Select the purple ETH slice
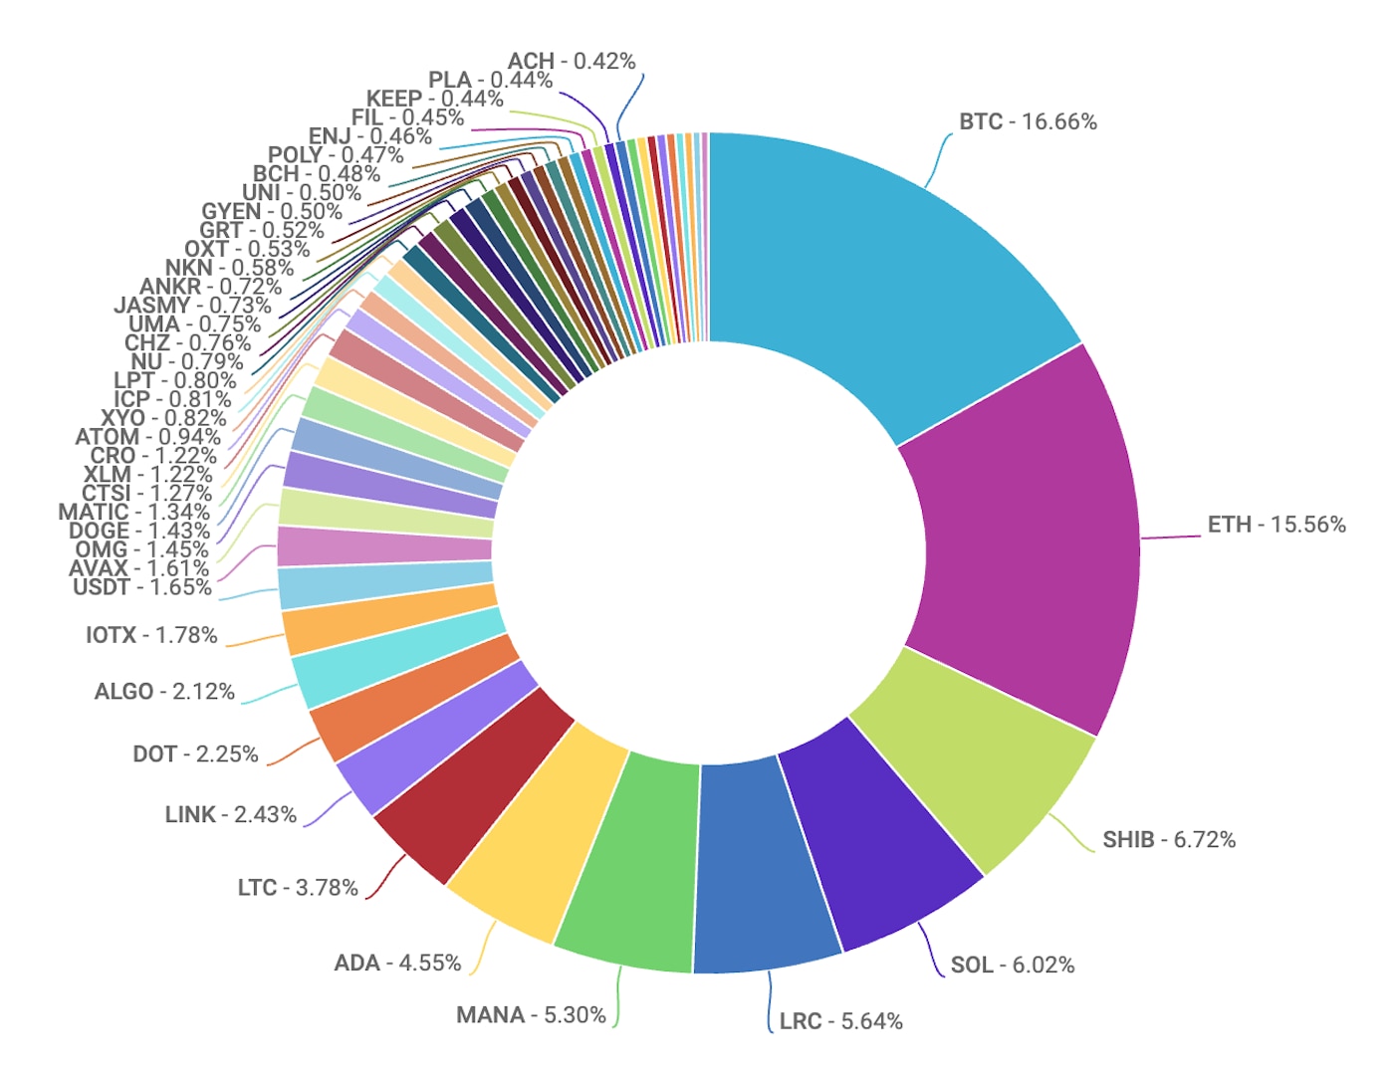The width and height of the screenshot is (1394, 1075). click(x=1026, y=537)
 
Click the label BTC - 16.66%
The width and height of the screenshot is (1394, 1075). click(x=1028, y=122)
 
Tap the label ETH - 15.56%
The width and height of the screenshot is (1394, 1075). click(x=1277, y=525)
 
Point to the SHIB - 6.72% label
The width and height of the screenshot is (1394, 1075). click(x=1169, y=840)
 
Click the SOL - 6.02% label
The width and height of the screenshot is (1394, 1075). click(x=1013, y=966)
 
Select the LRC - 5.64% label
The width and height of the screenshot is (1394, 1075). click(x=840, y=1021)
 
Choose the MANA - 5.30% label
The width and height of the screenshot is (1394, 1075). click(x=531, y=1015)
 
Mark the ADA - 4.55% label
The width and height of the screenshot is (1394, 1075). click(x=397, y=964)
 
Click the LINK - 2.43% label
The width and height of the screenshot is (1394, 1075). click(x=231, y=815)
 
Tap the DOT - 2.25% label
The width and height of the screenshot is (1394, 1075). click(x=195, y=754)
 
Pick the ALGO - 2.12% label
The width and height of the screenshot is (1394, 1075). click(x=164, y=692)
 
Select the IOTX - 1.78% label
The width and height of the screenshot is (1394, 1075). click(x=151, y=635)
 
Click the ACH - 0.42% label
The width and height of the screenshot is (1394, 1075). click(x=572, y=62)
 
